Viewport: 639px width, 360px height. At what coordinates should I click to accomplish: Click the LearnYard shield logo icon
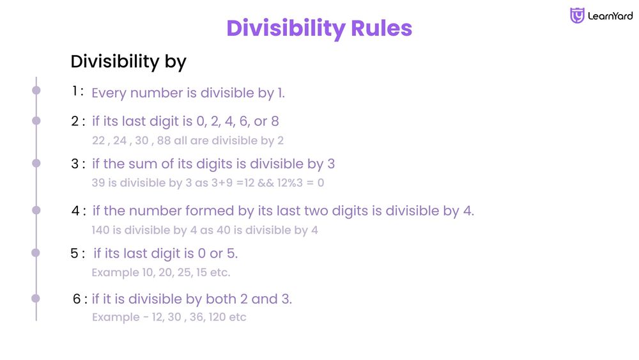577,16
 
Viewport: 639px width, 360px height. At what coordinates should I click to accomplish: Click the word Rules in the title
381,29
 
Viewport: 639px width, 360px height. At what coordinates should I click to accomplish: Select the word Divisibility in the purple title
285,29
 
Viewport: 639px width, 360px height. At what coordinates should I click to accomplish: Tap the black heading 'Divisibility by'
128,61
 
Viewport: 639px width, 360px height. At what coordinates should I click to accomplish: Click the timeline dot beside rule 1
36,91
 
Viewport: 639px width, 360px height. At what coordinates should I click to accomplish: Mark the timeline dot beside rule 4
36,210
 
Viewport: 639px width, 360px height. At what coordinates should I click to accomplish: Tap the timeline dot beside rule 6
36,298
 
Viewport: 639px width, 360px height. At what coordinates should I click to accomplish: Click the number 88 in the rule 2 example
164,141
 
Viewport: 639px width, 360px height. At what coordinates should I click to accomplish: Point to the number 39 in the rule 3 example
98,183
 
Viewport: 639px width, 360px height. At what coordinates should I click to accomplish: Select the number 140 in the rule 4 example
101,230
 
